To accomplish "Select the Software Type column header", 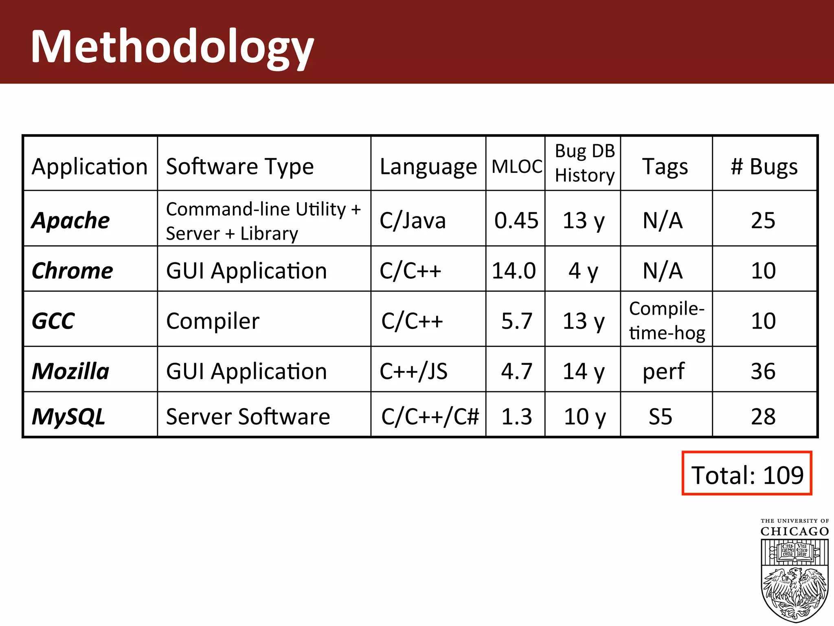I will click(x=240, y=166).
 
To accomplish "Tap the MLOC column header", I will click(x=516, y=166).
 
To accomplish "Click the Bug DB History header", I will click(x=584, y=163).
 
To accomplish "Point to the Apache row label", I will click(x=71, y=220).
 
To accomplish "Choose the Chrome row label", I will click(x=72, y=271).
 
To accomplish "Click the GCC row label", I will click(x=53, y=321).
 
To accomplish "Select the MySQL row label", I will click(x=68, y=417).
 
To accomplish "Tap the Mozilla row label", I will click(x=70, y=371).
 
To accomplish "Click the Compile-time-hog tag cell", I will click(x=667, y=321).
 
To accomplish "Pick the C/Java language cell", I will click(x=413, y=220).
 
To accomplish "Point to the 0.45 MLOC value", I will click(x=516, y=220).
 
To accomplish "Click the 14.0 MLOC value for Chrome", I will click(x=514, y=271).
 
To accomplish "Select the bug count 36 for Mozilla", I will click(x=763, y=371).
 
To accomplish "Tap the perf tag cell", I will click(x=663, y=371).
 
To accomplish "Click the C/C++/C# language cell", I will click(x=430, y=417).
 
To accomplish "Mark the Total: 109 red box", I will click(x=747, y=473).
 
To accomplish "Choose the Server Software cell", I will click(x=248, y=417).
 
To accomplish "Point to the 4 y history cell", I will click(x=583, y=271).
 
